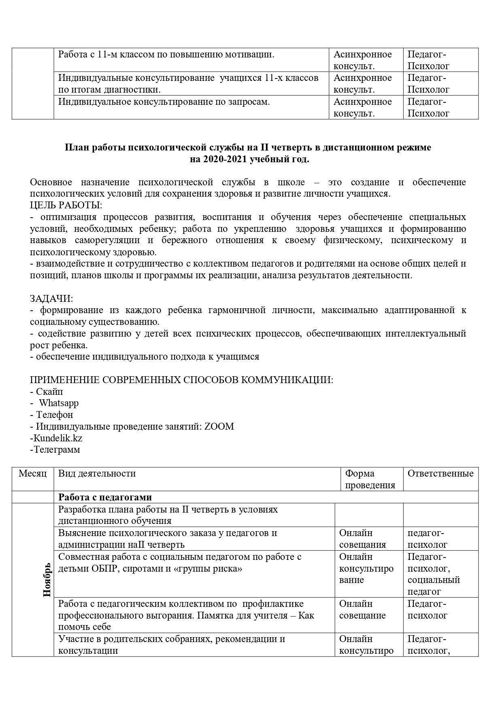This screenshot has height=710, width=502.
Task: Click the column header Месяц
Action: [32, 473]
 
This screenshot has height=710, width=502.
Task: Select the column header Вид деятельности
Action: [97, 473]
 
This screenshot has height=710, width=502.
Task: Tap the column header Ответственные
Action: [440, 473]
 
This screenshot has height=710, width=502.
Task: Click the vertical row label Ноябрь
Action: [47, 579]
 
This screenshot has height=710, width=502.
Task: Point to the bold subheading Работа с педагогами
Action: [105, 497]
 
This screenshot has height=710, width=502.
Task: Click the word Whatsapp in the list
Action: [59, 403]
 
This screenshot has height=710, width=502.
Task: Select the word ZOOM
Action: [219, 426]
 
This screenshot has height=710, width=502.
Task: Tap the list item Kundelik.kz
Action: [58, 438]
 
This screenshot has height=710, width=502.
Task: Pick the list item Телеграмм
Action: [57, 449]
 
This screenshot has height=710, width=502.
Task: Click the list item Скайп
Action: [49, 392]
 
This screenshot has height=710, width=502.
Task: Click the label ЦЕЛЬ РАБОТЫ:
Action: [66, 205]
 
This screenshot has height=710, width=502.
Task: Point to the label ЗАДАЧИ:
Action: [51, 299]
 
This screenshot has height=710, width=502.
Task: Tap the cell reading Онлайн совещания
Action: [362, 538]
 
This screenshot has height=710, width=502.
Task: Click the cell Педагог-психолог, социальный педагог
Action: [433, 574]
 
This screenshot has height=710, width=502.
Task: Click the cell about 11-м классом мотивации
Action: [166, 54]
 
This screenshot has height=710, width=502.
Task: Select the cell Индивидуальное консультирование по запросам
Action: [164, 102]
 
